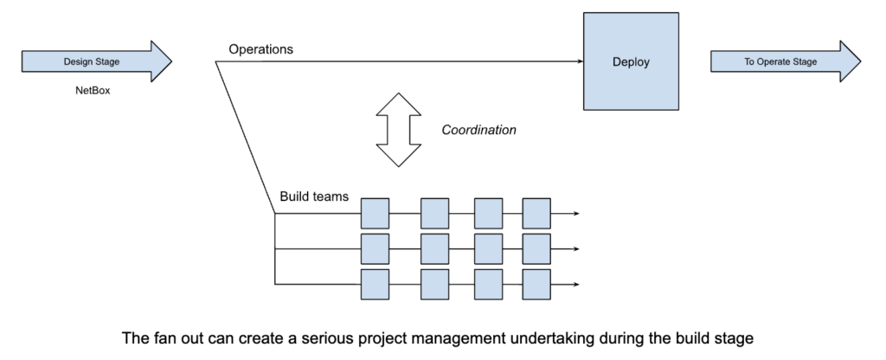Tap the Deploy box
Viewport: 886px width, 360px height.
click(x=631, y=61)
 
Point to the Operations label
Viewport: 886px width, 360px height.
click(x=260, y=49)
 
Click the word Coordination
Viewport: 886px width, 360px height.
click(x=478, y=130)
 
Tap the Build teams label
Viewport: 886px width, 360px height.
click(x=314, y=196)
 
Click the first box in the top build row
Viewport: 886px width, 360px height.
click(x=375, y=212)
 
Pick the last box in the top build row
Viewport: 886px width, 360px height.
click(x=536, y=212)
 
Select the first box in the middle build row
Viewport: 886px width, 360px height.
click(x=375, y=248)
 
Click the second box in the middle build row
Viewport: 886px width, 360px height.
click(x=434, y=248)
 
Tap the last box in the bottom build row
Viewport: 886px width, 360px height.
click(x=536, y=284)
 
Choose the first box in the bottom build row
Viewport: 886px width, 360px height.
click(x=375, y=284)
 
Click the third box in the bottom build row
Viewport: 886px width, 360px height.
click(x=488, y=284)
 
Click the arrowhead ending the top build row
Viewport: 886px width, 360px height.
click(x=575, y=212)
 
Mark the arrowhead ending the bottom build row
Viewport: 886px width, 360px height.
click(x=575, y=284)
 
